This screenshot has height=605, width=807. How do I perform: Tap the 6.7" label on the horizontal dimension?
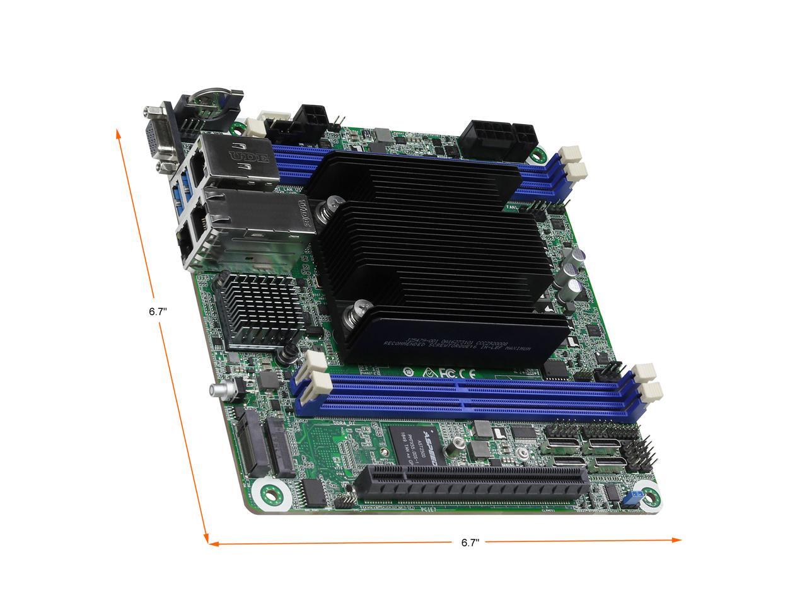click(470, 542)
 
